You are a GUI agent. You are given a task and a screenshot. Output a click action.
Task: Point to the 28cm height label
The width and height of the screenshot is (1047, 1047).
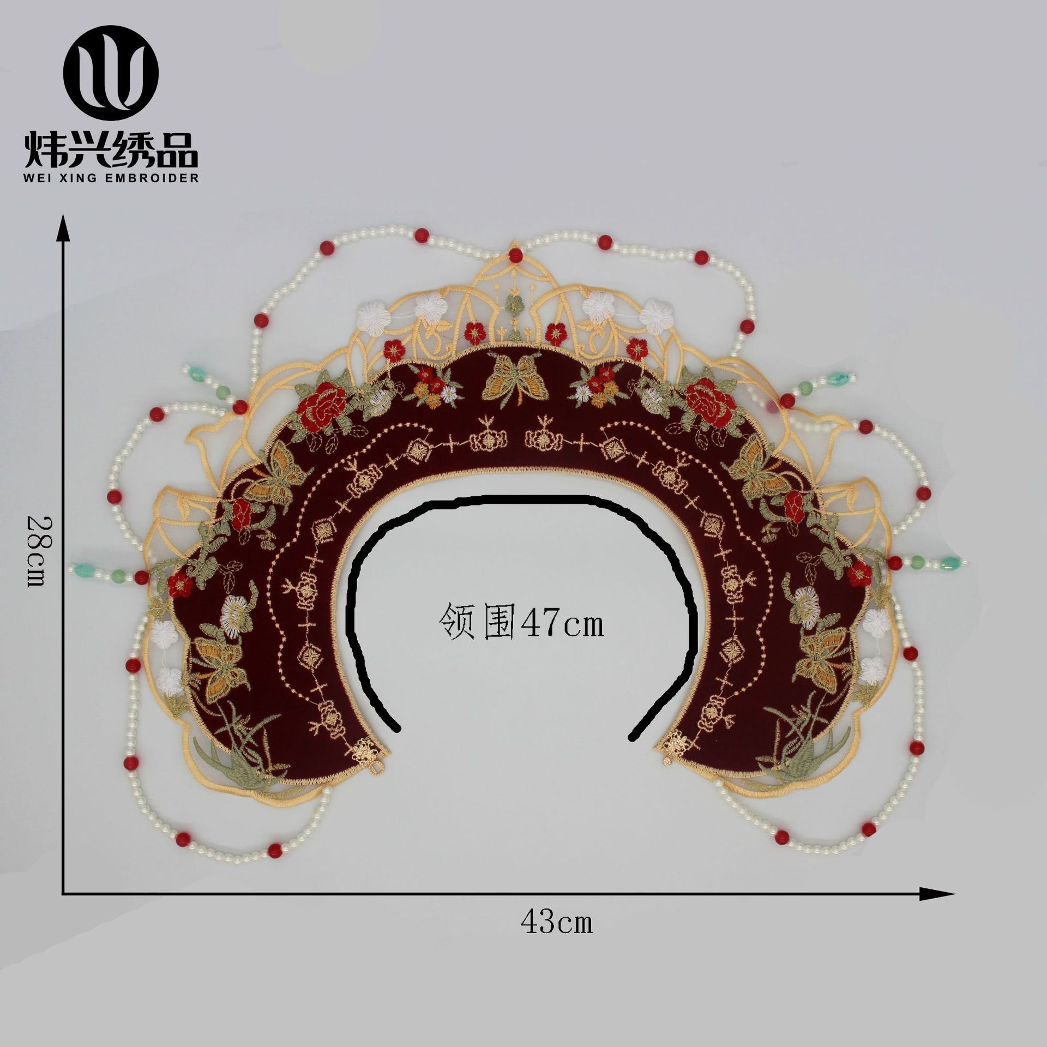(37, 552)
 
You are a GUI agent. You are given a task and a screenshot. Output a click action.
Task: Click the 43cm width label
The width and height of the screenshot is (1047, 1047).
(556, 922)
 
